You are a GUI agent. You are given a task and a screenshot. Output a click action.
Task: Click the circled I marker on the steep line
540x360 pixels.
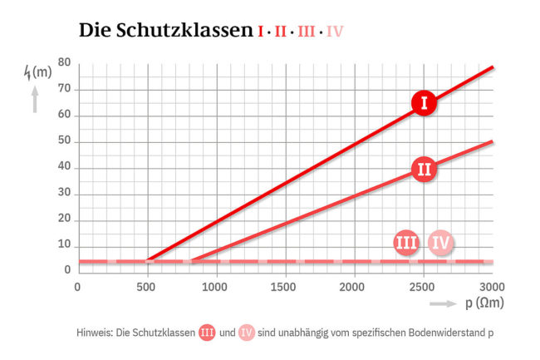coord(425,103)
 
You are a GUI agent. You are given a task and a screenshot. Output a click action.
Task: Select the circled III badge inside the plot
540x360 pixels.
coord(406,244)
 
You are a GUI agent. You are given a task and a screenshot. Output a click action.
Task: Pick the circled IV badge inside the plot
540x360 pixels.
coord(442,244)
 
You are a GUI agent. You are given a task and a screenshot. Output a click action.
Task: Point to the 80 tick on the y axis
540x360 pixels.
coord(64,63)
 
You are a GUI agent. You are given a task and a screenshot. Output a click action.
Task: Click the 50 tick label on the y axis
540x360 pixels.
coord(64,141)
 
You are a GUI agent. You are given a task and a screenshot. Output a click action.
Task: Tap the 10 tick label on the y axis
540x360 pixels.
coord(64,245)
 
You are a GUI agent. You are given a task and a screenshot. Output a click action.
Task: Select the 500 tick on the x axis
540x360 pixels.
coord(147,287)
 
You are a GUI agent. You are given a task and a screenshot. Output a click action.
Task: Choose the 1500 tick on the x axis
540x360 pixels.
coord(285,287)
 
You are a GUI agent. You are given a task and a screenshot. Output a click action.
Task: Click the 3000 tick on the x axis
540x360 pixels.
coord(492,287)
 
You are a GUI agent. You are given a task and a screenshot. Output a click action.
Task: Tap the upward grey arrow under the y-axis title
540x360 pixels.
coord(34,101)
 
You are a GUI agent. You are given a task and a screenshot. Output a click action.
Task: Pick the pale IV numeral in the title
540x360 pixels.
coord(335,32)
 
